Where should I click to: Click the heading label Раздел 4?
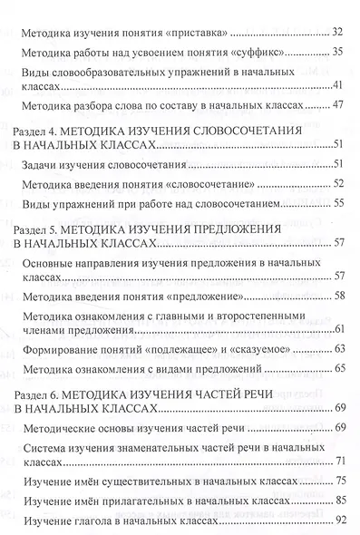[x=40, y=131]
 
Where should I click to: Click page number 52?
[x=336, y=184]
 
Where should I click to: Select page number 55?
[x=336, y=205]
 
